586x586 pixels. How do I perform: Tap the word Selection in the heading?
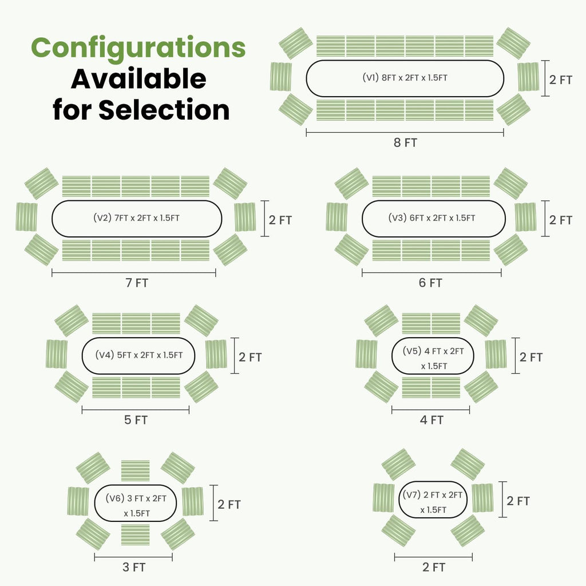click(164, 110)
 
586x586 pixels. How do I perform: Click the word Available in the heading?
click(138, 79)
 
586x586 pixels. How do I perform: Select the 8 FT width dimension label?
click(405, 142)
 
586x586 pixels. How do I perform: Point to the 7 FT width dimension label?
click(137, 283)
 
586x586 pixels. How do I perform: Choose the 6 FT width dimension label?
click(430, 283)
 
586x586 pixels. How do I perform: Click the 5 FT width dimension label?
click(136, 420)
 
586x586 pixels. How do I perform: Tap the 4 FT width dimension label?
click(431, 420)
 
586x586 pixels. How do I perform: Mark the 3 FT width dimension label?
click(134, 567)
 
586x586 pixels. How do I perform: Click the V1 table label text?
click(405, 78)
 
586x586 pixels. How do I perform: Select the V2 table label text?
click(136, 218)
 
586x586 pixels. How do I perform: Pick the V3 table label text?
click(431, 218)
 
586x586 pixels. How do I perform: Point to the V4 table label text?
click(138, 355)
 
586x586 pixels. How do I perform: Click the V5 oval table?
click(433, 356)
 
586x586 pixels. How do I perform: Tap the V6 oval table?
click(135, 503)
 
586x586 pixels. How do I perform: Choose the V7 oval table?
click(433, 500)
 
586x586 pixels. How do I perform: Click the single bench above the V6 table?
click(135, 471)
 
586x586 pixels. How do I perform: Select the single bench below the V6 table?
click(135, 535)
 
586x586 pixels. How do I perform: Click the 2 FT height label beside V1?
click(561, 80)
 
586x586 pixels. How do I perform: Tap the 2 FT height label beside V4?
click(250, 357)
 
